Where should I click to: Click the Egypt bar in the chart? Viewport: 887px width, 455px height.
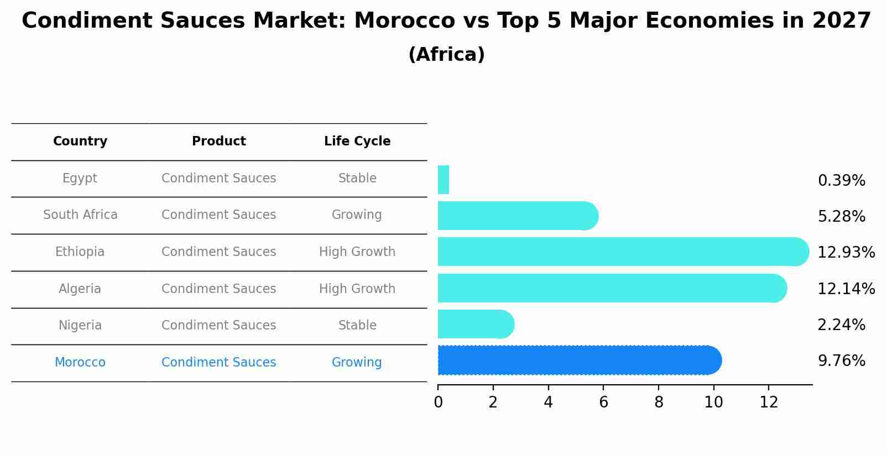tap(443, 180)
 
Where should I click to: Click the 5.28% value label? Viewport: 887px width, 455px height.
tap(841, 217)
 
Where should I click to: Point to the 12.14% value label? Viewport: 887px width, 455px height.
tap(846, 289)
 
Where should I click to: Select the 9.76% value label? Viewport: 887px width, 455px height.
tap(841, 361)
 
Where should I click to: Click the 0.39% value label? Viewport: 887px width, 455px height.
tap(841, 181)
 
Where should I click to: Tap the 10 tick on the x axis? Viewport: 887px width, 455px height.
tap(713, 402)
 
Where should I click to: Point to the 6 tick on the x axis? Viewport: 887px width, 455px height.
tap(603, 402)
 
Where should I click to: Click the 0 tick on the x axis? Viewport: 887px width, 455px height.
tap(438, 402)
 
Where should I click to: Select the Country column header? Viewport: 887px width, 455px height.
tap(80, 142)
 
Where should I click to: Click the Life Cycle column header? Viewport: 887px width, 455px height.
tap(357, 142)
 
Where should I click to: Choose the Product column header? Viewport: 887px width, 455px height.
tap(219, 142)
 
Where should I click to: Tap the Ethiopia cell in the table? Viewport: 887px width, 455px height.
tap(80, 252)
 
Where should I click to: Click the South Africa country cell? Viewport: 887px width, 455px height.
tap(80, 215)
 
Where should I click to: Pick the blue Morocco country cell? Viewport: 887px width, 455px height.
tap(80, 363)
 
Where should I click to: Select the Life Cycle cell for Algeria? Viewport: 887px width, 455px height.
tap(357, 289)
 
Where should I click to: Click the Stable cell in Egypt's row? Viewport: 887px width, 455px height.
tap(357, 179)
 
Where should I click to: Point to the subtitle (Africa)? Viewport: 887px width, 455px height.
tap(446, 55)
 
